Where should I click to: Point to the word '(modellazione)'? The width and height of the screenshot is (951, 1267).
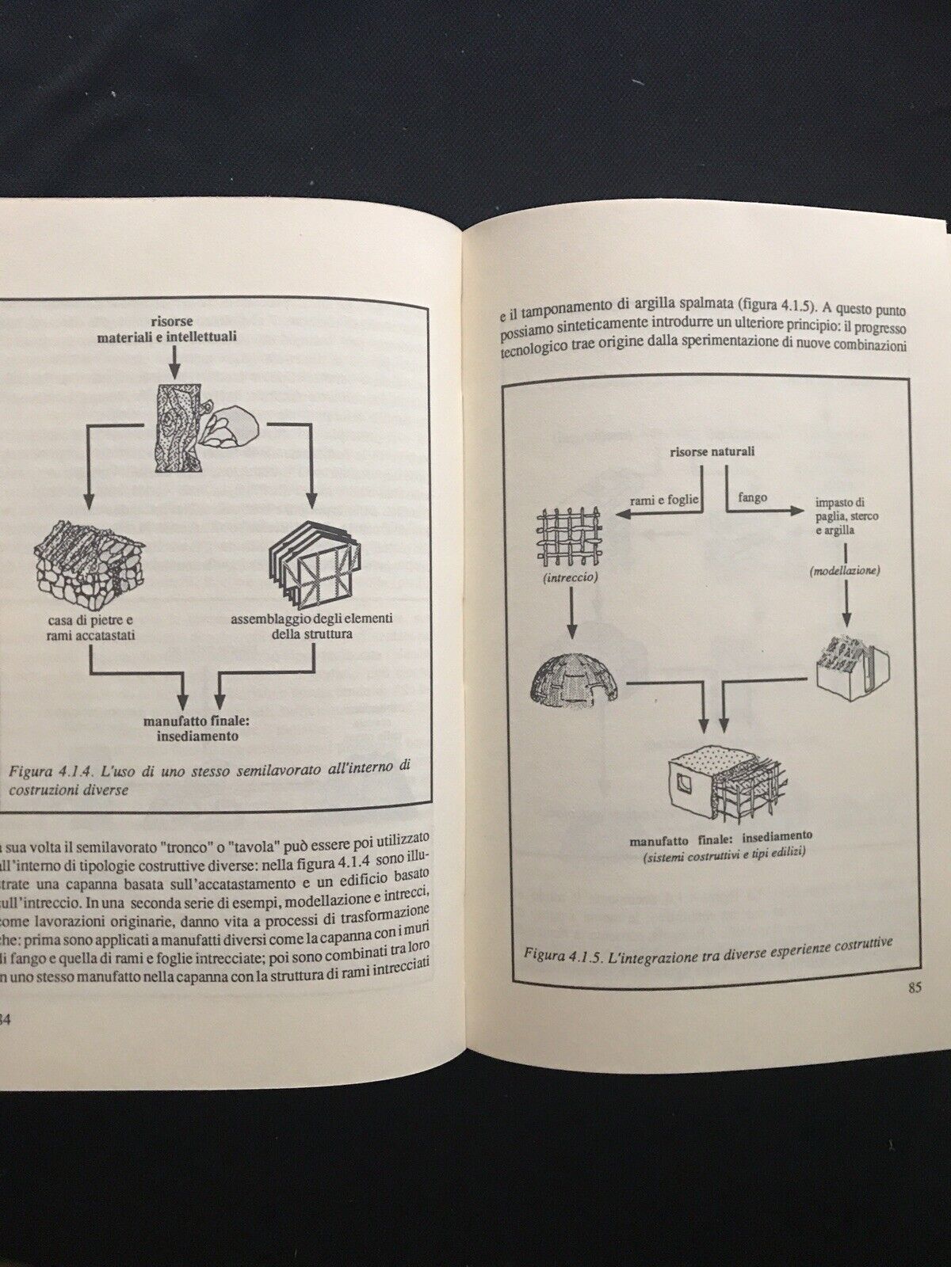[x=845, y=570]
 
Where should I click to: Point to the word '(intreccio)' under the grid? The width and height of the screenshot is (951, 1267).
[x=571, y=578]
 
